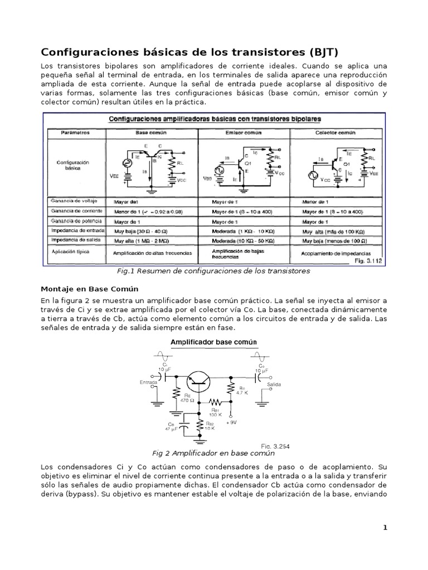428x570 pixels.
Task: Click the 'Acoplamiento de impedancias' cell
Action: click(336, 252)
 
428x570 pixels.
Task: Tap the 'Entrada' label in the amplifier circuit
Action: click(148, 382)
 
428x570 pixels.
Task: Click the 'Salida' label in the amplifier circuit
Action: click(274, 385)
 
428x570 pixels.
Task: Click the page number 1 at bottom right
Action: click(385, 528)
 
